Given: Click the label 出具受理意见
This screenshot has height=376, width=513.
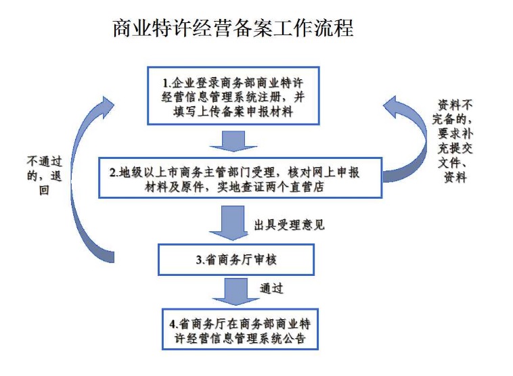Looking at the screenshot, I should (289, 224).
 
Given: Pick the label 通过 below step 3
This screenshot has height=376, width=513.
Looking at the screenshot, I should (271, 289).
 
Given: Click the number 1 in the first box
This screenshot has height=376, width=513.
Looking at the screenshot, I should (164, 83).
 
